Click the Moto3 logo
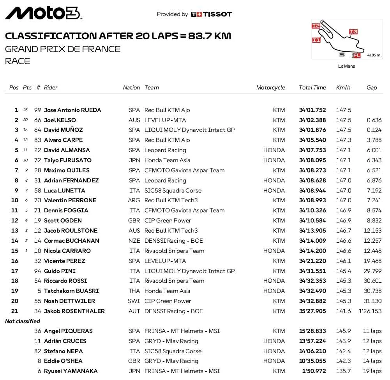tap(43, 13)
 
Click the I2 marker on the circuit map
tap(316, 26)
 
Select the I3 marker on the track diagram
tap(353, 32)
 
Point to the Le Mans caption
tap(346, 66)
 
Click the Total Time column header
tap(312, 88)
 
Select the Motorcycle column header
tap(270, 88)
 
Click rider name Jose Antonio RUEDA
tap(72, 110)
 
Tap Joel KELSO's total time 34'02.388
tap(312, 120)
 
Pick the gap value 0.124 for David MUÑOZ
tap(374, 130)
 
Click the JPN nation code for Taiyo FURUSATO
tap(134, 160)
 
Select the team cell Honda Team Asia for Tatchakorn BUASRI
tap(167, 291)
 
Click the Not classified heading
tap(23, 321)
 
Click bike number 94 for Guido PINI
tap(38, 271)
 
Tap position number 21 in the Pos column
tap(15, 311)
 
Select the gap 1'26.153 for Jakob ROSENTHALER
tap(370, 311)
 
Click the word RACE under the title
tap(18, 61)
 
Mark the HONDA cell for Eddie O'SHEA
tap(274, 361)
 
